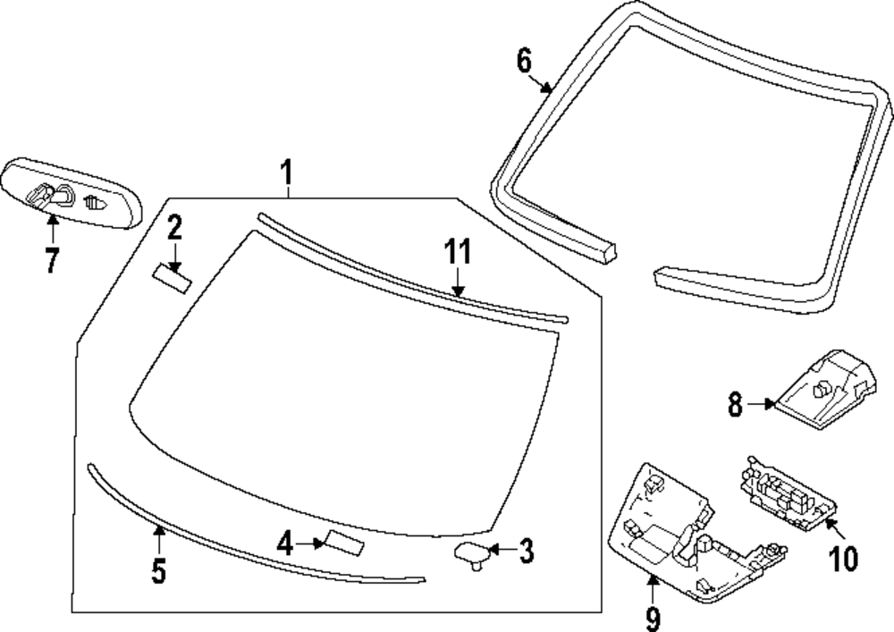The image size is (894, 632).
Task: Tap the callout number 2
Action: click(174, 228)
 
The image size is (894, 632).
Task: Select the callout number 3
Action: click(527, 552)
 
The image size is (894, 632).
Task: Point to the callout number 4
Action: click(285, 543)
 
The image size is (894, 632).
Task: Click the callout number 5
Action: click(158, 569)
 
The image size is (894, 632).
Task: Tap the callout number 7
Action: click(51, 260)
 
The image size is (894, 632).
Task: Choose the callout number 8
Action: click(735, 405)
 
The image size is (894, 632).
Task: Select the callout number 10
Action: click(843, 558)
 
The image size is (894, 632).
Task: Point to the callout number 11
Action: click(458, 253)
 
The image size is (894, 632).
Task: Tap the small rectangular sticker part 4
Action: click(343, 542)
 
